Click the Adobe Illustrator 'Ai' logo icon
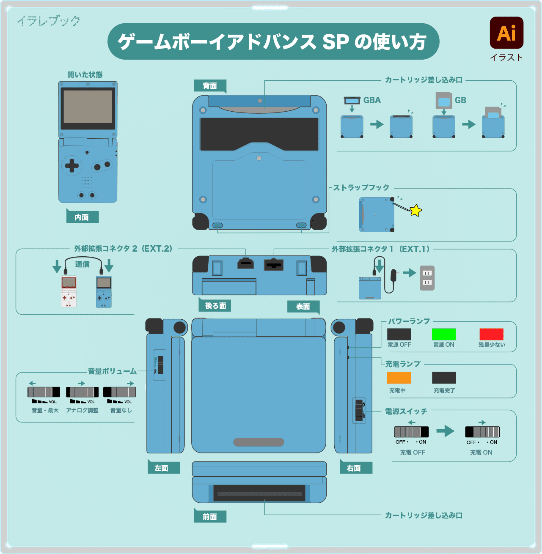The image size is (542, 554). [x=506, y=33]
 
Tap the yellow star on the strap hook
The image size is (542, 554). [x=416, y=210]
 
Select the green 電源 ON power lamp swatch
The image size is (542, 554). [x=443, y=334]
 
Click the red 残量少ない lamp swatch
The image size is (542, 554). [x=491, y=334]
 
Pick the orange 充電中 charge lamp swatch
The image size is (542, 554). [x=399, y=378]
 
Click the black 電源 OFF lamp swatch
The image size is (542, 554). [x=399, y=334]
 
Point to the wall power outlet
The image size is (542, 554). [x=427, y=278]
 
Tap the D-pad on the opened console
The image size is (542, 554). [x=72, y=165]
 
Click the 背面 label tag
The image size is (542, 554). [x=210, y=86]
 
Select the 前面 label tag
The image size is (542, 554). [x=210, y=516]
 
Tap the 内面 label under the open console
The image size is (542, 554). [x=82, y=217]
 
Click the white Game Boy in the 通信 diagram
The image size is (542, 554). [x=69, y=291]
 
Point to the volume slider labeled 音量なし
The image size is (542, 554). [x=119, y=392]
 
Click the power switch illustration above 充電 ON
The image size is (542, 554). [x=482, y=432]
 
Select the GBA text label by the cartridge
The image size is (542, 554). [x=372, y=100]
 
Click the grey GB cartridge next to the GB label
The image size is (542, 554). [x=443, y=101]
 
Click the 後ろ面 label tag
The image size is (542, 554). [x=215, y=305]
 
